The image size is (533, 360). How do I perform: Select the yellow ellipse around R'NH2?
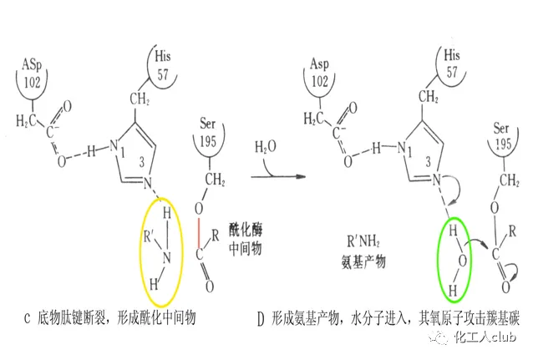(160, 250)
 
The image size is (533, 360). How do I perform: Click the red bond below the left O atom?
(199, 243)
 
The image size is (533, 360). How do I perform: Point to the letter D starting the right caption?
(260, 318)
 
